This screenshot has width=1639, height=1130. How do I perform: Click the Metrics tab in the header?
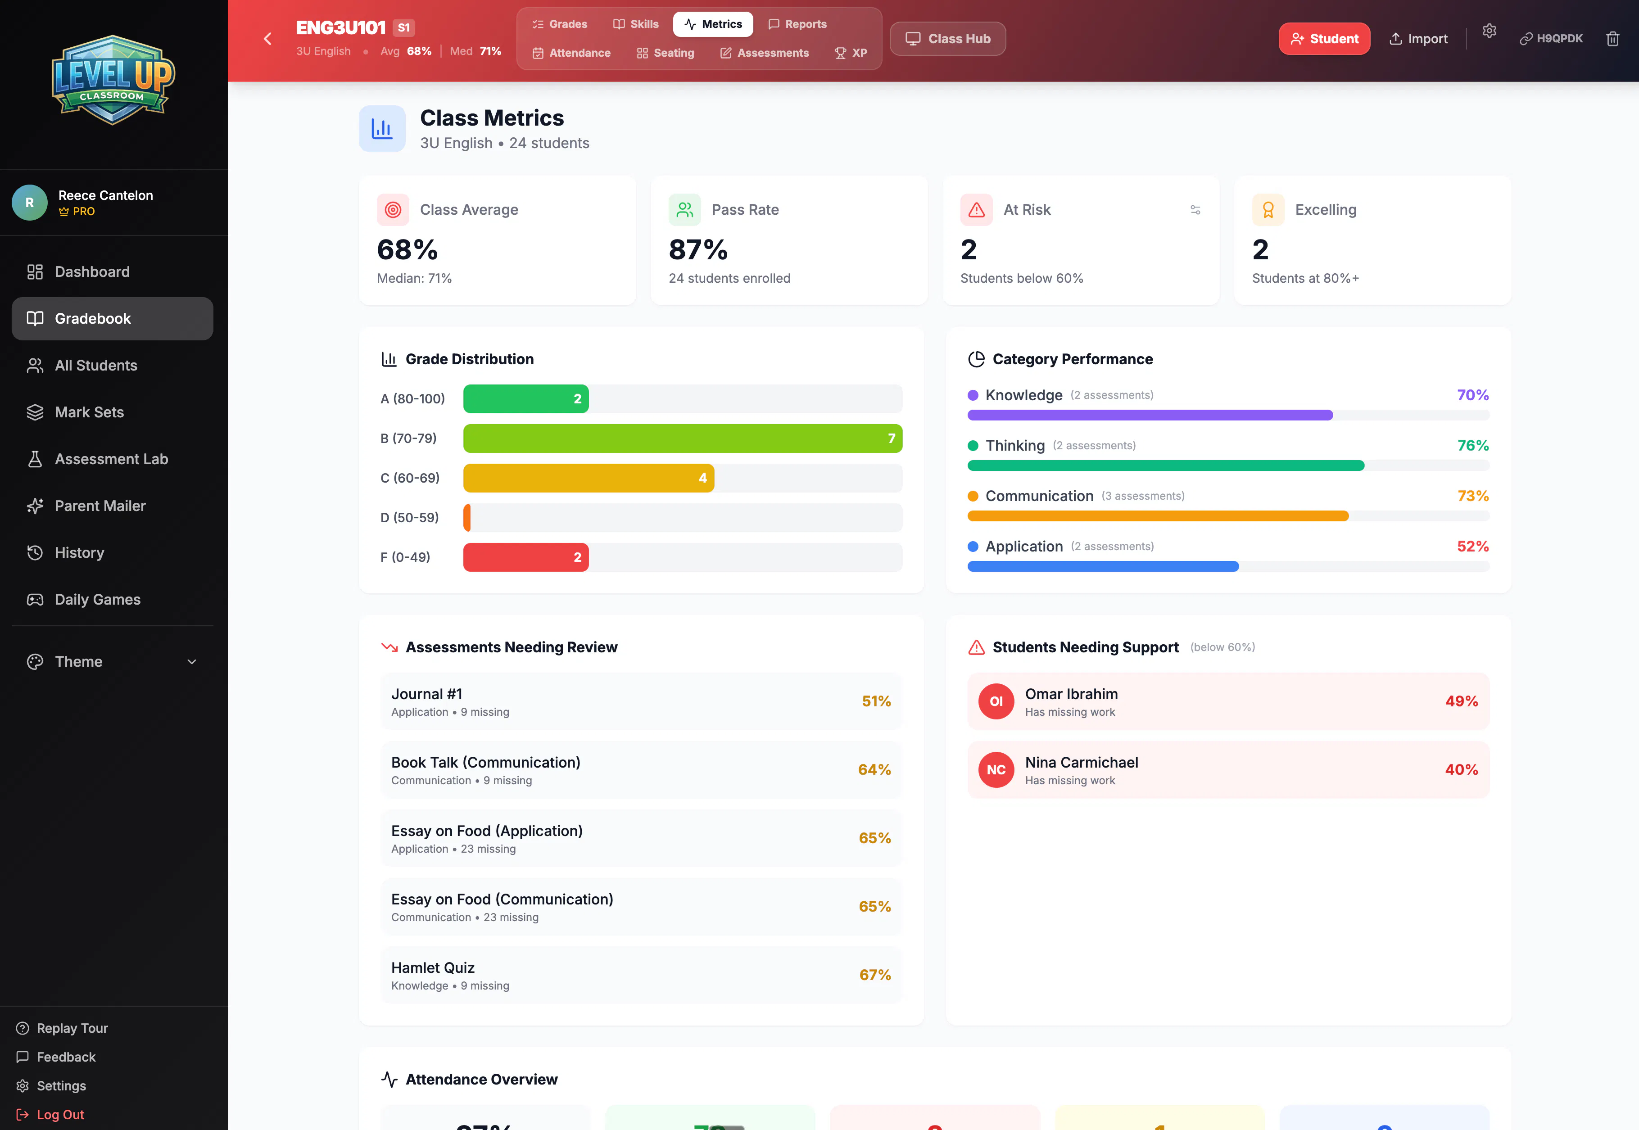pos(713,24)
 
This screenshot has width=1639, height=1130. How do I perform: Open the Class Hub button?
pos(947,39)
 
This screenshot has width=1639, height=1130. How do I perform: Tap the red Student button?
pos(1324,39)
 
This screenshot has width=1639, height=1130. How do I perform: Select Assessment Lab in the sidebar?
pos(112,459)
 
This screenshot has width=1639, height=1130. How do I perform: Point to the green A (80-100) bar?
pos(525,398)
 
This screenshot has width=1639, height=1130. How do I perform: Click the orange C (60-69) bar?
pos(589,478)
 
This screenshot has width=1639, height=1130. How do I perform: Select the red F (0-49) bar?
pos(525,557)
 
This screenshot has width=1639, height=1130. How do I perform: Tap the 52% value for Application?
pos(1472,547)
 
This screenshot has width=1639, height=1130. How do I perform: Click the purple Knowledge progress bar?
pos(1150,415)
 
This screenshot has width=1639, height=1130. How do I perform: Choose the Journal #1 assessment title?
pos(426,694)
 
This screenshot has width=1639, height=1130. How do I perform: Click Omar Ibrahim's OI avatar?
pos(996,701)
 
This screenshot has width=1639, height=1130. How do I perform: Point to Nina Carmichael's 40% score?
pos(1461,770)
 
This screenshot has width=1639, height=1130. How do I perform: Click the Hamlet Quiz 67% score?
pos(874,975)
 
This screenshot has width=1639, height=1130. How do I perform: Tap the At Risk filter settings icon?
pos(1195,210)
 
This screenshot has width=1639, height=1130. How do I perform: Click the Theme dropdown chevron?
pos(191,662)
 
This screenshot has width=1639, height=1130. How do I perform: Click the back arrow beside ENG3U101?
pos(267,39)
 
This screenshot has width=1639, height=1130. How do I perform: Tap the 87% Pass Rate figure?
pos(697,249)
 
